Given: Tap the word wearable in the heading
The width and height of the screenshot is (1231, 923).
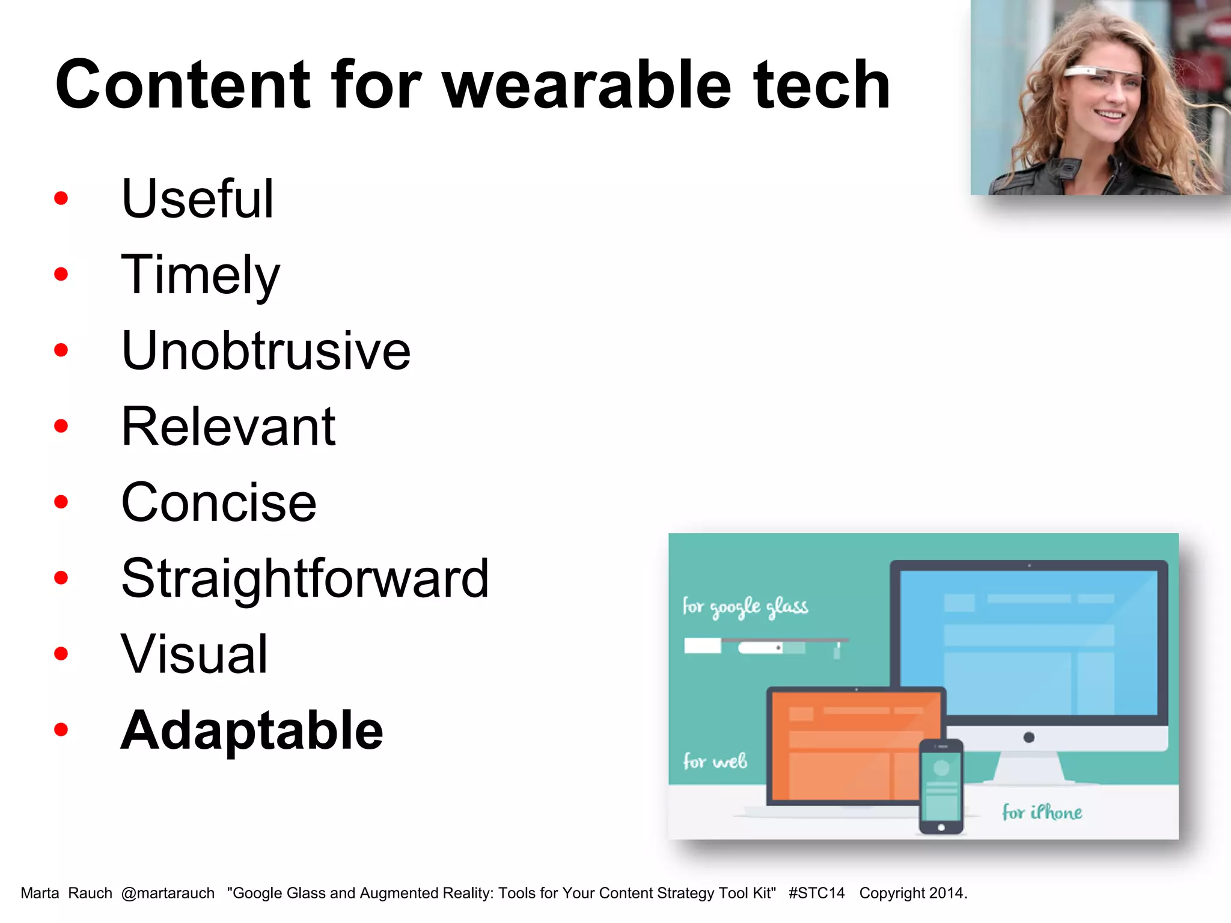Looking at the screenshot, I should coord(587,85).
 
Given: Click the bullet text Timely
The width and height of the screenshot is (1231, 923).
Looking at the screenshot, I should coord(200,275).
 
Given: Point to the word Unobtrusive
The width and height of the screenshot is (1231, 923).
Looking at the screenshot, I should coord(266,350).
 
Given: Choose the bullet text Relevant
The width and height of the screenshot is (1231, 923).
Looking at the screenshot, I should coord(228,427).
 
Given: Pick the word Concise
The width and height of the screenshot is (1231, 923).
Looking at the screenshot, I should coord(218,502).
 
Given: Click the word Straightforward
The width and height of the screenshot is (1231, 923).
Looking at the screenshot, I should coord(305,578).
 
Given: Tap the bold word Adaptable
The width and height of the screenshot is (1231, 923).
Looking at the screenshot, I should coord(252,730).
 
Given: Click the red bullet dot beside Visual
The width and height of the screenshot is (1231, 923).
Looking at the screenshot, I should coord(61,654).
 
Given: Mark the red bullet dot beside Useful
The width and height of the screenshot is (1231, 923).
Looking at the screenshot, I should coord(61,198).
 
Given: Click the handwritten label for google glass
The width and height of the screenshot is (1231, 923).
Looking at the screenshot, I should coord(745,607).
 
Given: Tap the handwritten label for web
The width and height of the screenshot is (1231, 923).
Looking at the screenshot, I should coord(715,761).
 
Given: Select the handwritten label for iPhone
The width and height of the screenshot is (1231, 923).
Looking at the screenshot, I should coord(1042,812).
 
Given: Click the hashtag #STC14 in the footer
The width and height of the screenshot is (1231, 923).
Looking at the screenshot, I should coord(816,893).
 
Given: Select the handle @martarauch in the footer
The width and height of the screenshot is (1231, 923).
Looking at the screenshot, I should coord(168,893).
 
